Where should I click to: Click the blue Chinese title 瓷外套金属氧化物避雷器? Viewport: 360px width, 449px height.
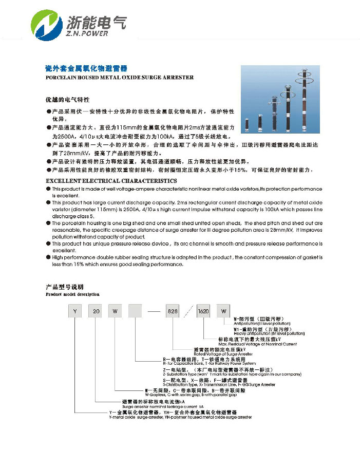(86, 68)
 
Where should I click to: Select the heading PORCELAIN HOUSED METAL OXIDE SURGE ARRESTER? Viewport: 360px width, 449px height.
(119, 77)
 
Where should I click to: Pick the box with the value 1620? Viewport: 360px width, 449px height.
(203, 311)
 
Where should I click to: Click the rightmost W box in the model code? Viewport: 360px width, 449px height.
(223, 311)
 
